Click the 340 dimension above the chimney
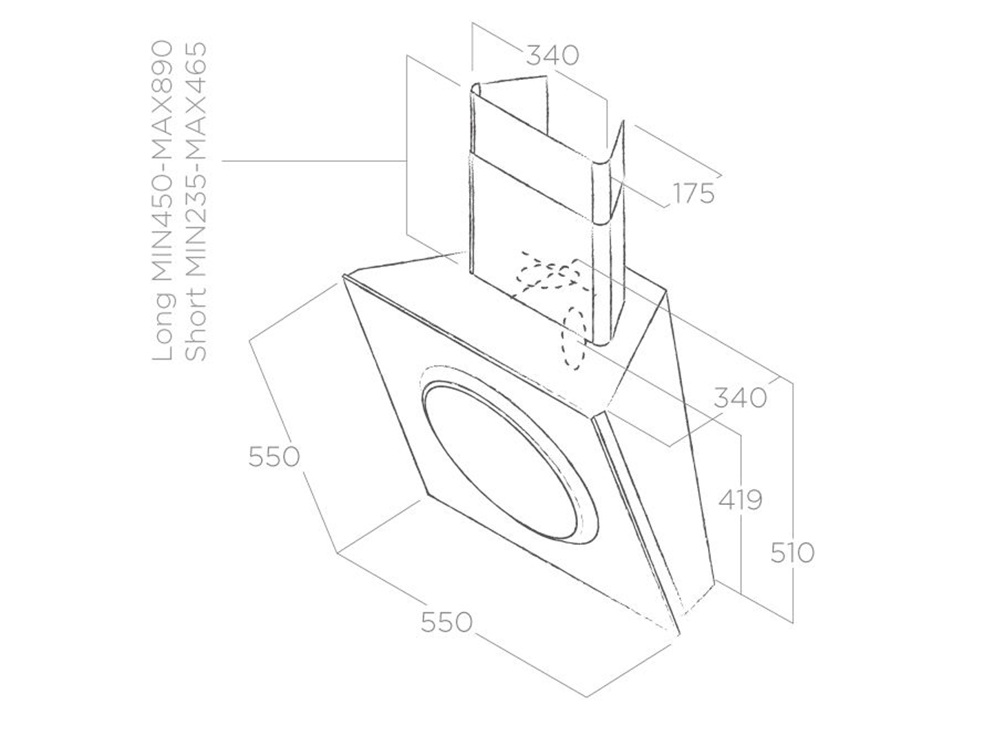tap(552, 55)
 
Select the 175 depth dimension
tap(693, 194)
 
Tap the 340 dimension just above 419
tap(739, 397)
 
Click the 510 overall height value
tap(792, 552)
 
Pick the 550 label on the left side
tap(273, 456)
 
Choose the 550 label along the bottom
tap(446, 622)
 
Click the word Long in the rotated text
tap(164, 327)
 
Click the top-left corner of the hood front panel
tap(344, 276)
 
